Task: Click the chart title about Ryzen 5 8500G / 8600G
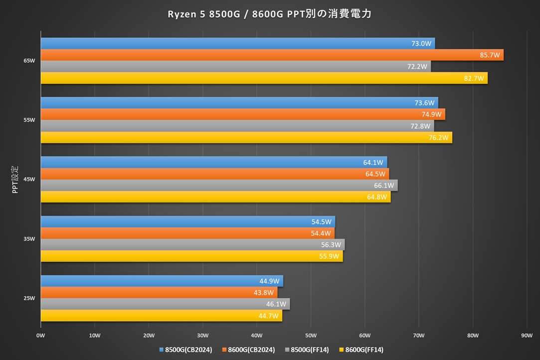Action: pos(270,14)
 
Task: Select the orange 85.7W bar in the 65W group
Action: pos(272,55)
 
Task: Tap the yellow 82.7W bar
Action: pos(264,78)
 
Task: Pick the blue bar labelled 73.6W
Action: pos(239,103)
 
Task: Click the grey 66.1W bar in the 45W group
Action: pos(219,185)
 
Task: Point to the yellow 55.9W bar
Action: pos(191,256)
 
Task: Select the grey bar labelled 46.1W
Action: pos(165,304)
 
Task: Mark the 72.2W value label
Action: pos(417,66)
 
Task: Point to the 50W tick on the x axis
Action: pos(311,336)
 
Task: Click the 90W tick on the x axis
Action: pos(527,336)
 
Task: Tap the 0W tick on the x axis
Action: pos(41,336)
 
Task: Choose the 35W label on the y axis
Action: pos(29,239)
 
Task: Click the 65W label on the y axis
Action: pos(29,61)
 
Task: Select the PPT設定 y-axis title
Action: pos(15,179)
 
